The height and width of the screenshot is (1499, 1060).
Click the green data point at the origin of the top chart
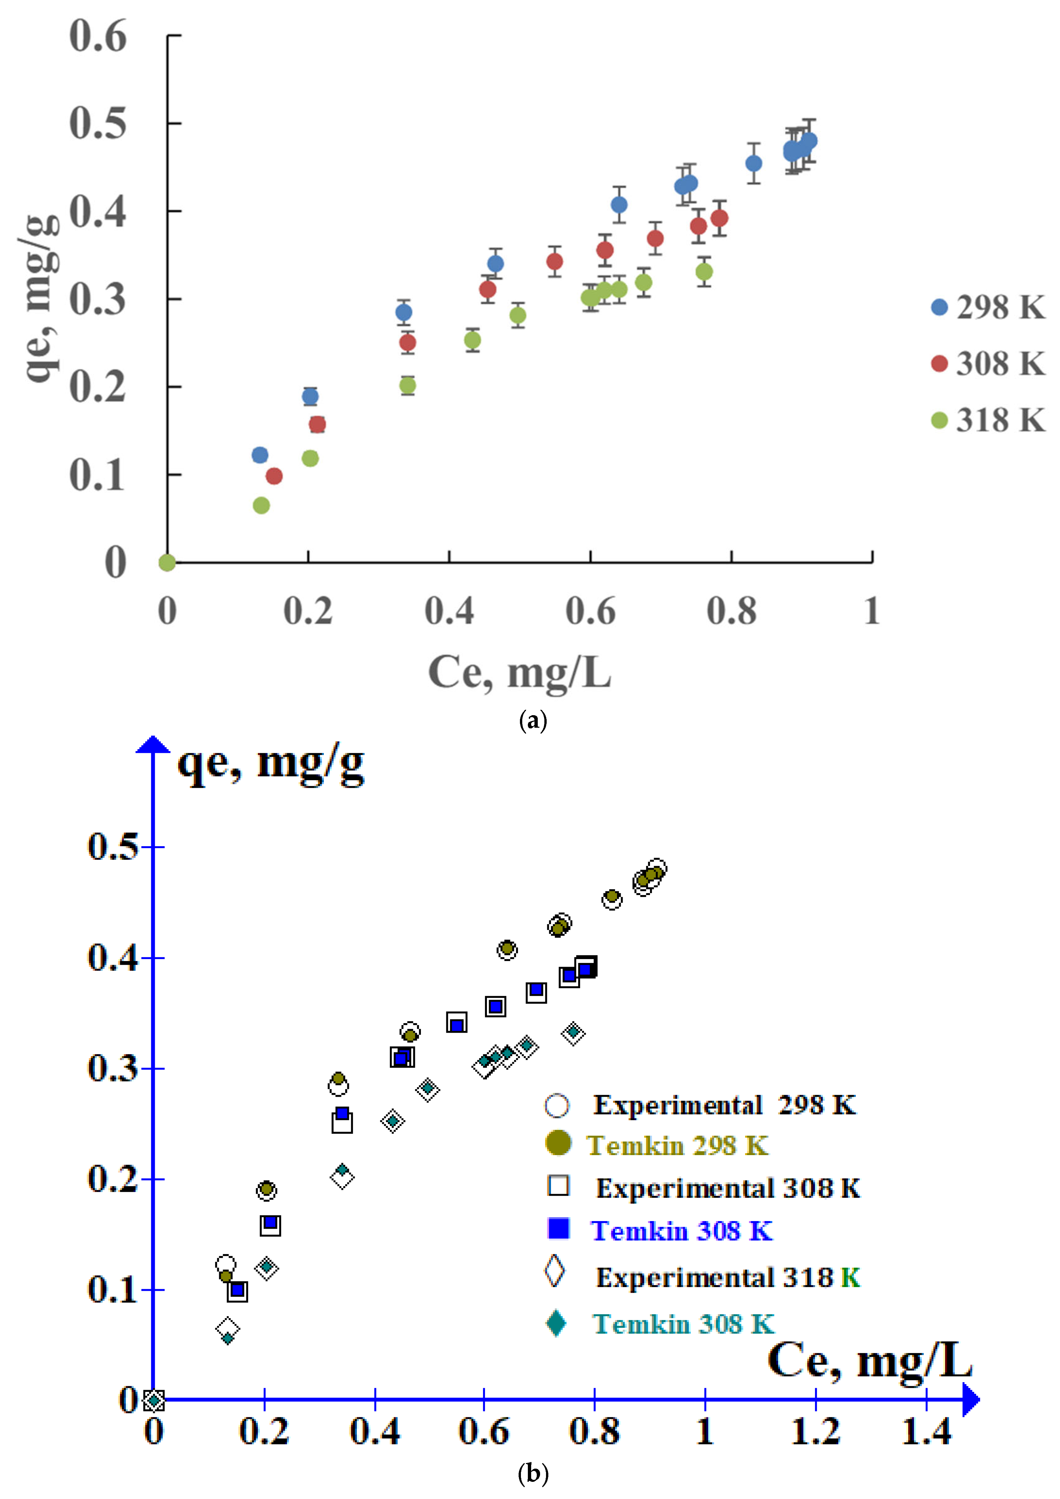coord(167,562)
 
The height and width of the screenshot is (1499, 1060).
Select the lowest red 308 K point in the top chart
coord(274,476)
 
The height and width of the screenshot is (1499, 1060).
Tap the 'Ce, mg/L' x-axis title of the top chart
coord(519,673)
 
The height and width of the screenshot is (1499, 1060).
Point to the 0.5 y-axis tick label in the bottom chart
coord(113,847)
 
